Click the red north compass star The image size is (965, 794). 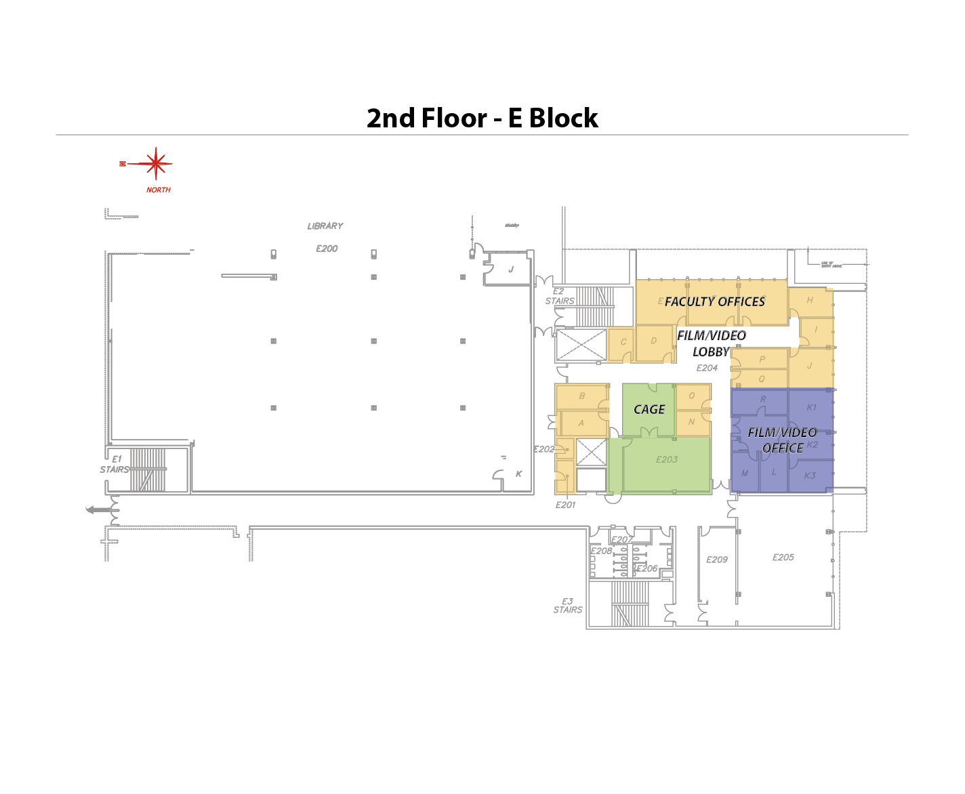tap(156, 163)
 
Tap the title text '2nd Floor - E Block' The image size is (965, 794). tap(482, 118)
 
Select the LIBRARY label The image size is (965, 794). tap(325, 226)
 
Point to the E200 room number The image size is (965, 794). tap(327, 249)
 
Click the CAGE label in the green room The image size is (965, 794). tap(649, 409)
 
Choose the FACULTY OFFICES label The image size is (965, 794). tap(715, 301)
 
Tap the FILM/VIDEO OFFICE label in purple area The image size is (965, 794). tap(783, 440)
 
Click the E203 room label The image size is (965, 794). tap(667, 459)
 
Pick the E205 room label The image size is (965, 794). tap(783, 558)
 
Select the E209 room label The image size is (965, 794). tap(717, 560)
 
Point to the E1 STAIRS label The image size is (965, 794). tap(115, 464)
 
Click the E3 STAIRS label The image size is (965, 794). tap(568, 606)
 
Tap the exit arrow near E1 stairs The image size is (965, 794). tap(98, 509)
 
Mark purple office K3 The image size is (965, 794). tap(810, 476)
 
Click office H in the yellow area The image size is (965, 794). tap(810, 300)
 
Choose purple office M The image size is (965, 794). tap(745, 474)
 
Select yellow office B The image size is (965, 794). tap(581, 396)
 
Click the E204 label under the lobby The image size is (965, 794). tap(707, 368)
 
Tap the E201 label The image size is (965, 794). tap(565, 505)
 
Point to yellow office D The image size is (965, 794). tap(654, 341)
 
